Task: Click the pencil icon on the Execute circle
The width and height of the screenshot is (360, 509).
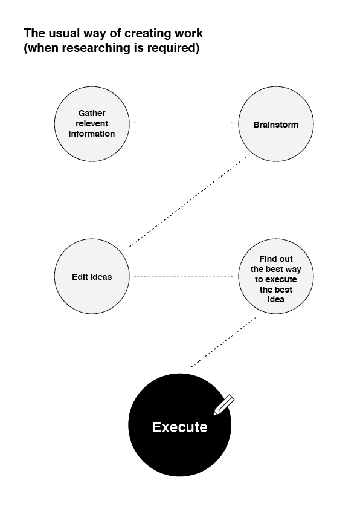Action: [x=223, y=405]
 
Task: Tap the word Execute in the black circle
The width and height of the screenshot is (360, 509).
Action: [x=180, y=427]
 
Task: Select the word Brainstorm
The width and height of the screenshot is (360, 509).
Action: [x=275, y=125]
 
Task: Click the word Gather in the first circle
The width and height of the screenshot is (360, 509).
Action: [x=92, y=113]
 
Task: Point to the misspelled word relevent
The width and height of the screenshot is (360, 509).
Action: [x=92, y=123]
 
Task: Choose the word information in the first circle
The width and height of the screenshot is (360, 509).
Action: [x=92, y=134]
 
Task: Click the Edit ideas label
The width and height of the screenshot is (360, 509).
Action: [x=92, y=277]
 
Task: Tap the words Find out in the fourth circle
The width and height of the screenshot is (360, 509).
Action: [x=276, y=259]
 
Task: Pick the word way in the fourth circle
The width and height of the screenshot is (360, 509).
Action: [x=293, y=270]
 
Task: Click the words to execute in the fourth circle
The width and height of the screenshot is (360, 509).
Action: [x=275, y=279]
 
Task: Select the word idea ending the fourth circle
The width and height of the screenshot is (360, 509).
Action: [x=276, y=299]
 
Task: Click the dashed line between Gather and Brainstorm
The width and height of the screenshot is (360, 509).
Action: [x=184, y=123]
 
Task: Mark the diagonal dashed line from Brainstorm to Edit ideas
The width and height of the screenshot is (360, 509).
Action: [x=187, y=202]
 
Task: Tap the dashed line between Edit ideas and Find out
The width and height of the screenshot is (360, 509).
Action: [x=184, y=276]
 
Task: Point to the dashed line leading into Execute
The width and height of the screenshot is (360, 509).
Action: [x=223, y=342]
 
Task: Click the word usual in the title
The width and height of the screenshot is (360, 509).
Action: [x=64, y=33]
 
